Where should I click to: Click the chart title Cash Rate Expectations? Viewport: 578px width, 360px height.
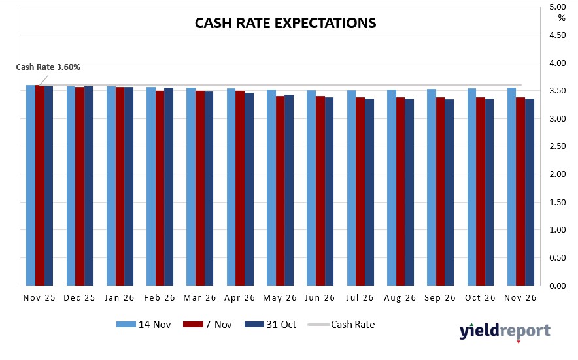point(286,23)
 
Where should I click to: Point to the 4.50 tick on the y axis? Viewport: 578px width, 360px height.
point(558,35)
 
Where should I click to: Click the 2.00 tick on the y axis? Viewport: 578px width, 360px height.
point(558,174)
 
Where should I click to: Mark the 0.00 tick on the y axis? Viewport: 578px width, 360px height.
point(558,286)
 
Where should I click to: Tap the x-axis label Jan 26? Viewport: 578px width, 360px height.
point(120,298)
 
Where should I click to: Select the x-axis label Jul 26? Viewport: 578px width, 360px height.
point(361,298)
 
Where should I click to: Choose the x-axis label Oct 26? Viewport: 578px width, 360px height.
point(481,298)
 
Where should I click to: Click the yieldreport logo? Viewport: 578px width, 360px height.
point(504,331)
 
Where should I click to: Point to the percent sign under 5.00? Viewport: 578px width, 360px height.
point(561,18)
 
